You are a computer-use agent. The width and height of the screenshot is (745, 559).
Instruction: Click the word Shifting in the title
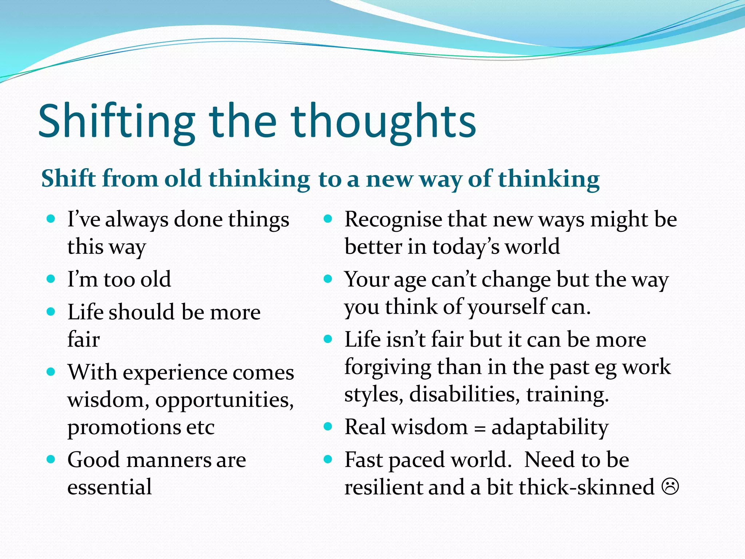pyautogui.click(x=116, y=122)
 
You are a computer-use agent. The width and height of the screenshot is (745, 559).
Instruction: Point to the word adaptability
pyautogui.click(x=550, y=428)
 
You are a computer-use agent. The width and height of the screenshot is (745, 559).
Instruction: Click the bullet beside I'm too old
pyautogui.click(x=51, y=279)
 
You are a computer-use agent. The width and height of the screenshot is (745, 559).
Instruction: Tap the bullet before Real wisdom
pyautogui.click(x=328, y=427)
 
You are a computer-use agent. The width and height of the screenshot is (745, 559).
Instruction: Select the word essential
pyautogui.click(x=109, y=487)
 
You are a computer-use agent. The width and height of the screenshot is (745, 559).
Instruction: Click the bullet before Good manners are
pyautogui.click(x=51, y=459)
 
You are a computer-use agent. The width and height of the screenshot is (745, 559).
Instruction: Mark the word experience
pyautogui.click(x=174, y=373)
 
